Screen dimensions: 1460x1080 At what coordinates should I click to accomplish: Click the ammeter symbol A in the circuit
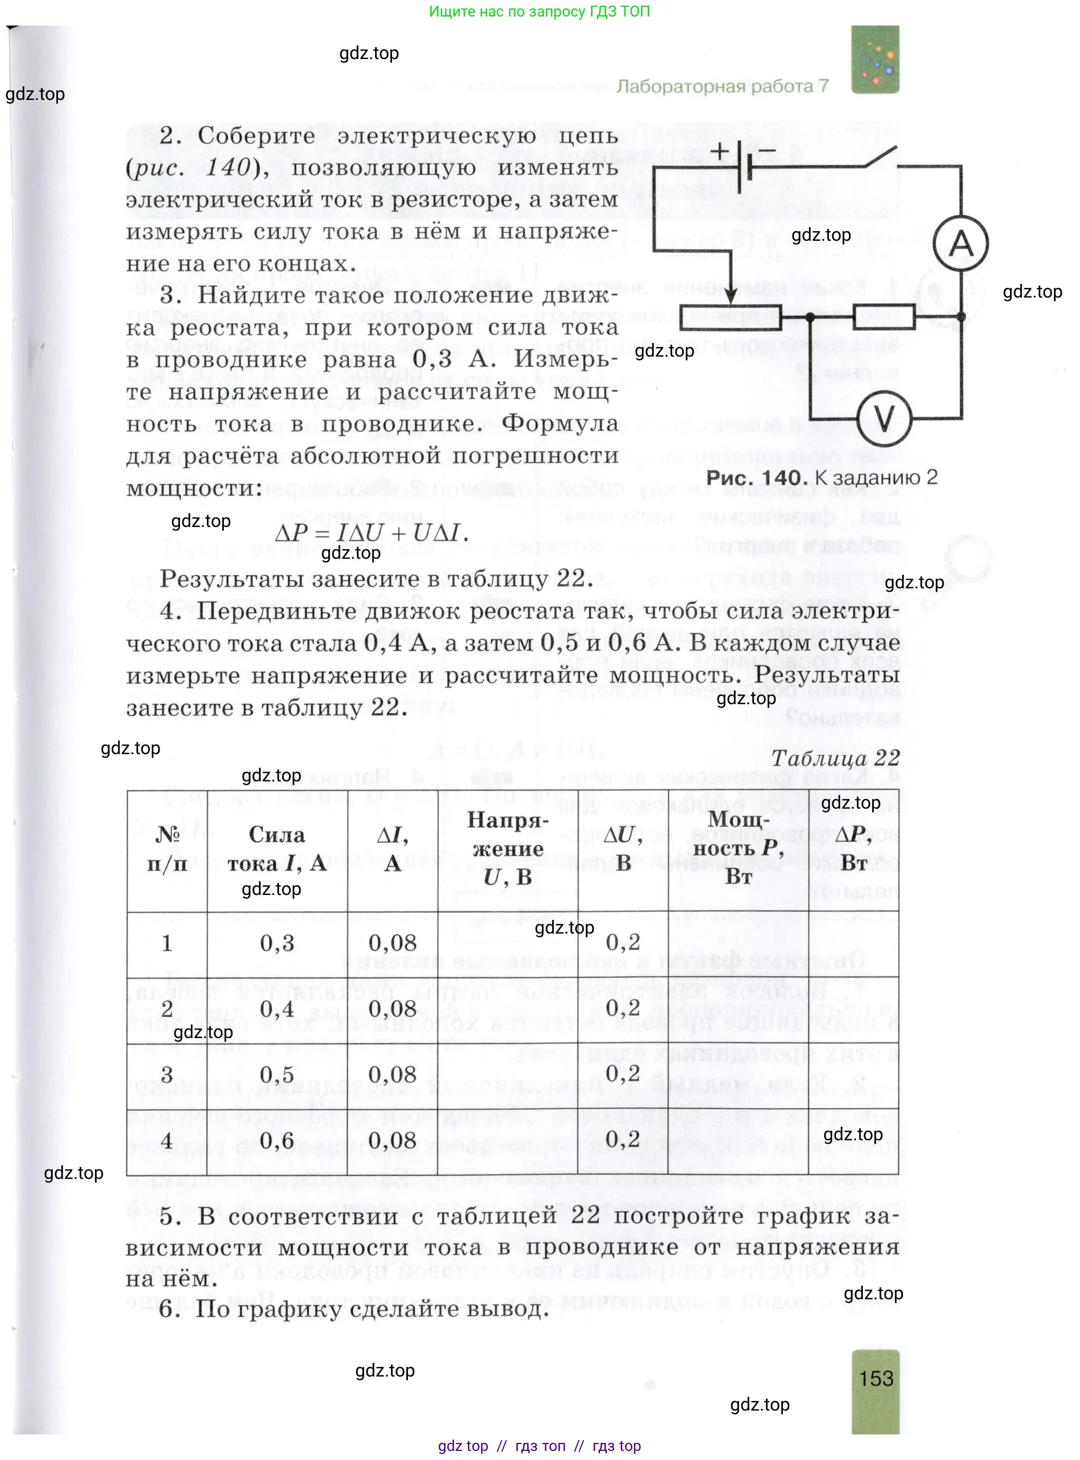pos(960,244)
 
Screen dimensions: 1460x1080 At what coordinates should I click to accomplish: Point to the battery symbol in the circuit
pos(743,166)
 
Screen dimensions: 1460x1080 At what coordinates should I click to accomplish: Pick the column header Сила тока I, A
pos(277,849)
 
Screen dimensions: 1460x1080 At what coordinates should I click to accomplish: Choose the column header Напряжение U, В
pos(507,849)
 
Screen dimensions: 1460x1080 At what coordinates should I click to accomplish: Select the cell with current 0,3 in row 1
pos(277,943)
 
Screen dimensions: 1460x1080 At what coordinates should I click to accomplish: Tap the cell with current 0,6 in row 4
pos(277,1140)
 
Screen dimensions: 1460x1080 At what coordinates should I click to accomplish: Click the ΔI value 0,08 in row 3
pos(392,1074)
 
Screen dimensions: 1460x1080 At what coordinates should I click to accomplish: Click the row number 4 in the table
pos(166,1140)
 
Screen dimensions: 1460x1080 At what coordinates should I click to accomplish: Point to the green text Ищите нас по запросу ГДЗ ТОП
pos(539,11)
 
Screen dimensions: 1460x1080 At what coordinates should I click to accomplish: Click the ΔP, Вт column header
pos(853,849)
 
